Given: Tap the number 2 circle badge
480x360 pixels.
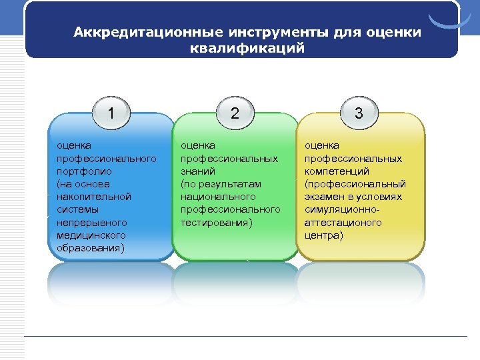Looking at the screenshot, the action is click(235, 113).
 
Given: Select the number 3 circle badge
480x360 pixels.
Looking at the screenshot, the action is click(359, 113).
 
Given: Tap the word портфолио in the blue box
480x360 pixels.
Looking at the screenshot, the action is click(80, 171).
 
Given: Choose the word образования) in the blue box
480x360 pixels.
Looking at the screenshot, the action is click(91, 247).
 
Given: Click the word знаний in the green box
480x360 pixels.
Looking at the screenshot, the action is click(197, 171).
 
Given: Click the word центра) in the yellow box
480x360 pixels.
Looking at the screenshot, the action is click(324, 235).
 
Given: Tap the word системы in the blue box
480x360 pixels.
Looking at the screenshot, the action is click(75, 209).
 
